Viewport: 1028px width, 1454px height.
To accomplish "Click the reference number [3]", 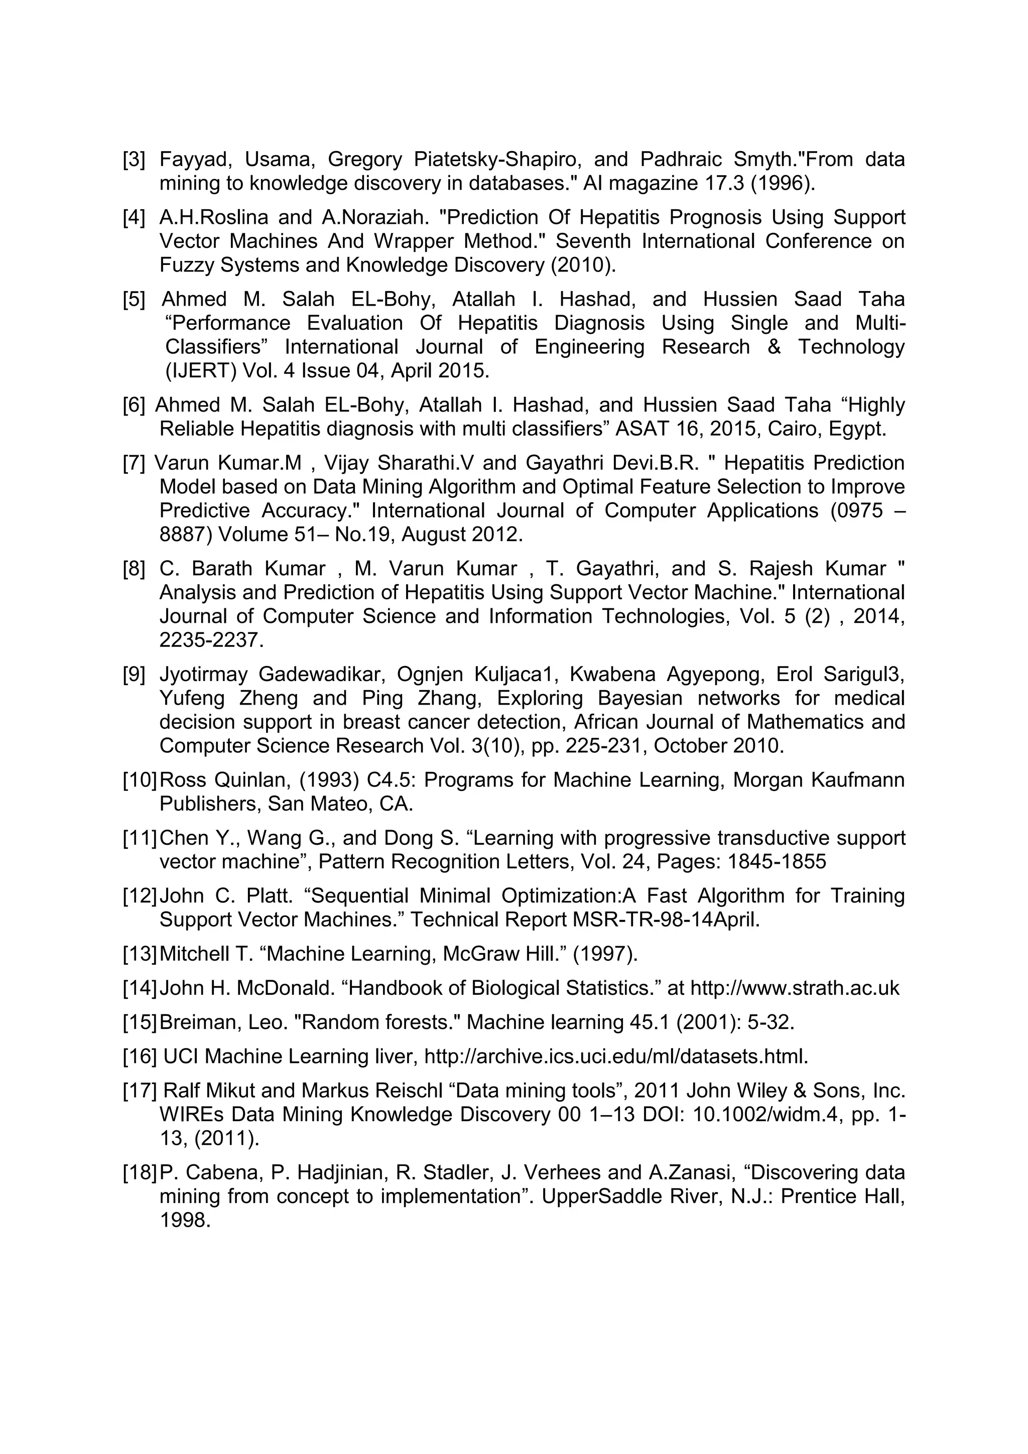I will coord(134,160).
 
